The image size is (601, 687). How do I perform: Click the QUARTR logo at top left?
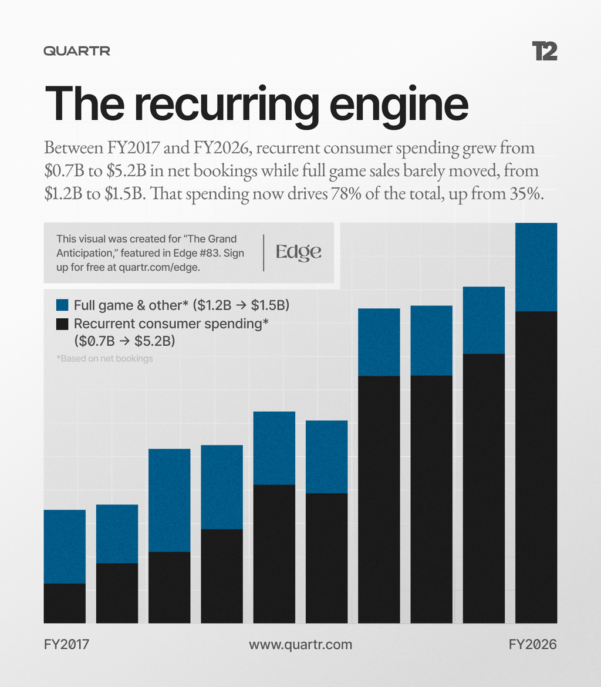pos(77,51)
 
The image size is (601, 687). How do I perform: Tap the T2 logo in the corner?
pos(545,51)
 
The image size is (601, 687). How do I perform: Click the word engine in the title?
pos(399,105)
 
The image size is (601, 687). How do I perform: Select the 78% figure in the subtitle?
pos(346,193)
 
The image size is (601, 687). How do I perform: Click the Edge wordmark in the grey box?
pos(298,252)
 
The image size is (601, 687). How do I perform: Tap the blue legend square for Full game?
pos(62,305)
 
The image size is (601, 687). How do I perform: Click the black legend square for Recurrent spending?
pos(62,324)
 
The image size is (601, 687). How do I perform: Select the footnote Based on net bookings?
pos(104,358)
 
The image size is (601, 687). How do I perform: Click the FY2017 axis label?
pos(66,645)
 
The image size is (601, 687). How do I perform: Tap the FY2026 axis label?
pos(533,645)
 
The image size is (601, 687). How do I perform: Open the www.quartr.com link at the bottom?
pos(300,645)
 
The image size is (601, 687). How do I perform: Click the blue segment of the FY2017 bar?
pos(65,547)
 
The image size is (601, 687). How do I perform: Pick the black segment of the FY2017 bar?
pos(65,603)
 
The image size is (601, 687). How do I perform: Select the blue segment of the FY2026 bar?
pos(536,267)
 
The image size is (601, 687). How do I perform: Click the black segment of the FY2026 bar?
pos(536,467)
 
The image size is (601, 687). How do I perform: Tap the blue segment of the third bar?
pos(170,500)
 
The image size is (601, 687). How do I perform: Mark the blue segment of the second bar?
pos(117,534)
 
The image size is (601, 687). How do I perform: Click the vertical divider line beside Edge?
pos(264,253)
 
